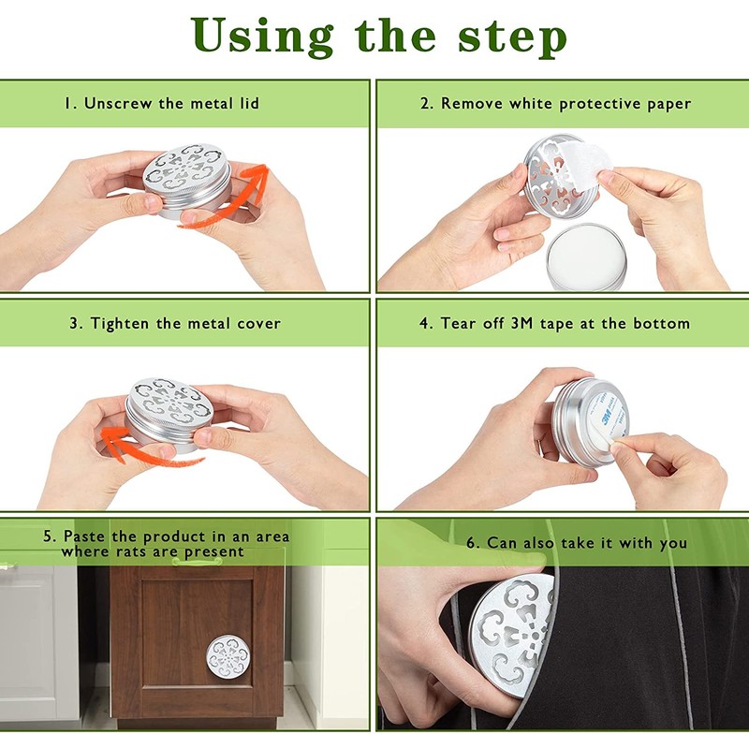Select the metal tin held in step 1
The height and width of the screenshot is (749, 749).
(x=187, y=181)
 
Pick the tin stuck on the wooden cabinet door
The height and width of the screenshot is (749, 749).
(x=228, y=656)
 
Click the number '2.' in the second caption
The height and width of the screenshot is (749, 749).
(x=427, y=104)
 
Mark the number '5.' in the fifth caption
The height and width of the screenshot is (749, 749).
(x=50, y=536)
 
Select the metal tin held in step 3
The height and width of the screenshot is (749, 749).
(x=169, y=415)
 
